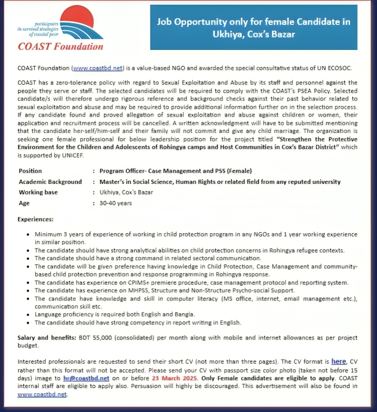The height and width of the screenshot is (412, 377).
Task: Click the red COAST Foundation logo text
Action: click(61, 46)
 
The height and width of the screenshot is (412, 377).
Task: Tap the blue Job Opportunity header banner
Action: click(253, 28)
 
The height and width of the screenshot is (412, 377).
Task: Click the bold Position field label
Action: click(30, 171)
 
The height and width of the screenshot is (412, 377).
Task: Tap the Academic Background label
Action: click(50, 182)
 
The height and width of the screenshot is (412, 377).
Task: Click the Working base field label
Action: click(38, 192)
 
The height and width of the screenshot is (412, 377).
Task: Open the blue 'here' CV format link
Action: click(338, 362)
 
